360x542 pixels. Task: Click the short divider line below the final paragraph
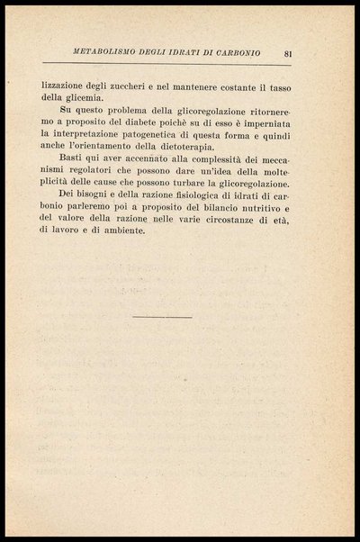[161, 317]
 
